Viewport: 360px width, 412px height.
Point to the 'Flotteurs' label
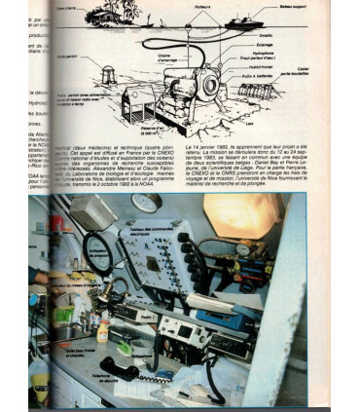point(214,11)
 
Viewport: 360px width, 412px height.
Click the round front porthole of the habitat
point(206,87)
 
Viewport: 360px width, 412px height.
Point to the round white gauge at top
point(145,204)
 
